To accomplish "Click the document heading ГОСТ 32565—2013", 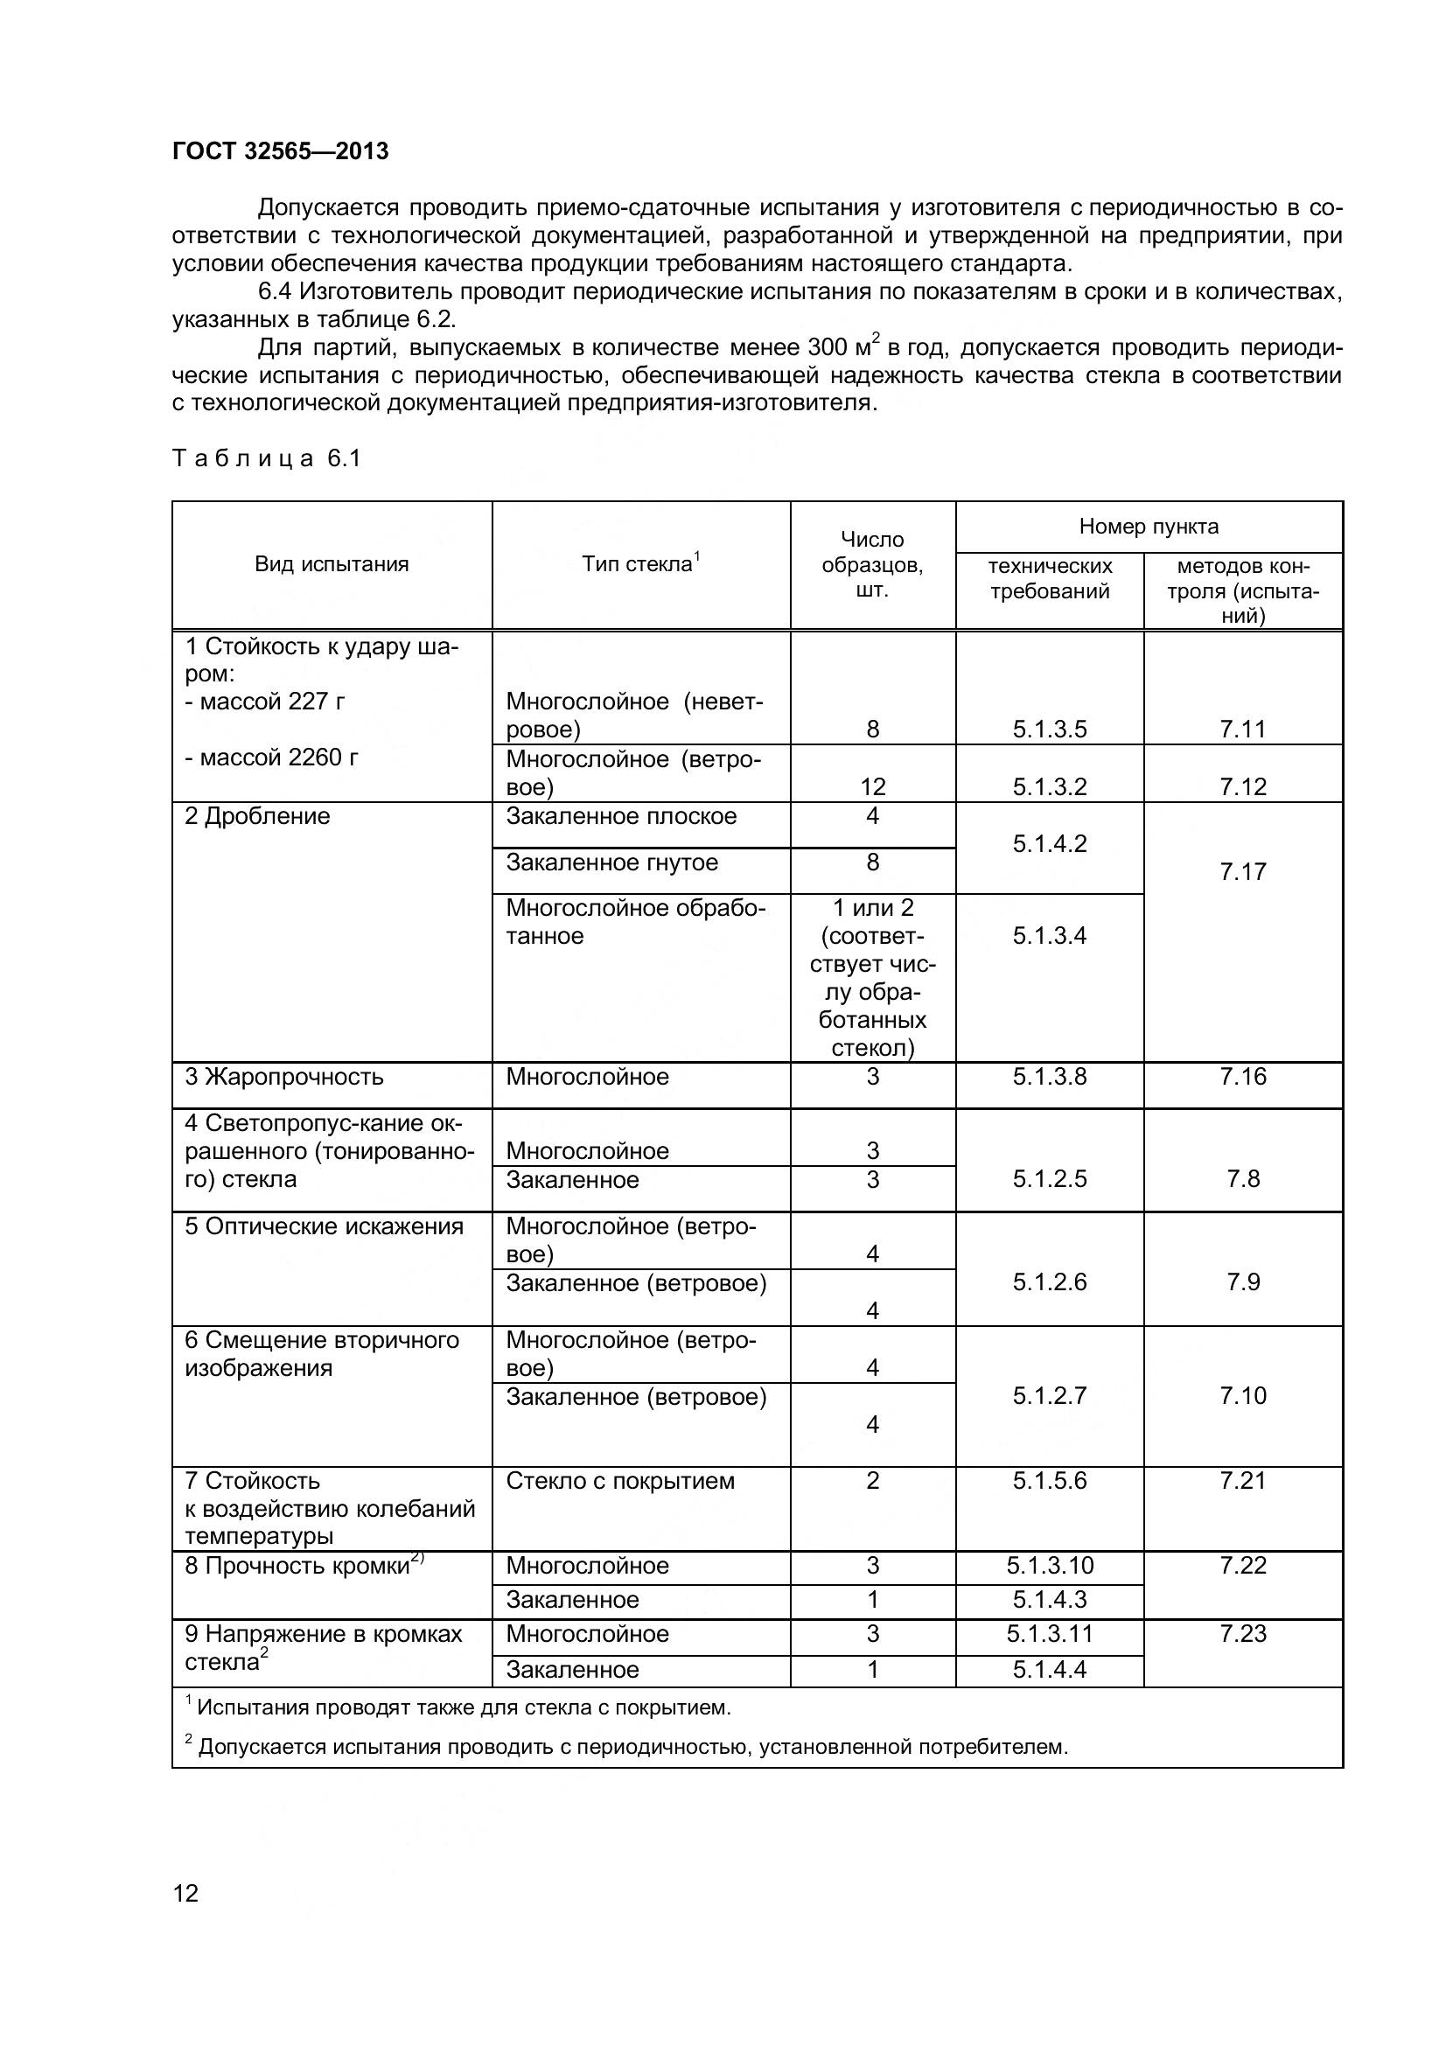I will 280,151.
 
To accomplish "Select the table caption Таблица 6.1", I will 266,458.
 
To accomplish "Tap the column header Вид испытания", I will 332,564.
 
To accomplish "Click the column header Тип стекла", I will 639,564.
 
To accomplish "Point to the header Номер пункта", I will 1148,527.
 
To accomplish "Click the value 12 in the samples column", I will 872,786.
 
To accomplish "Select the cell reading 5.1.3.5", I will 1049,729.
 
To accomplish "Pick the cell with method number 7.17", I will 1242,871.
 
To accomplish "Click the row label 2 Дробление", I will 257,816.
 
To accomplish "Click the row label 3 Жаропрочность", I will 284,1077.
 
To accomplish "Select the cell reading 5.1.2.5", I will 1049,1179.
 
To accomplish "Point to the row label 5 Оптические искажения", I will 325,1226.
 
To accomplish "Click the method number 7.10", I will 1242,1395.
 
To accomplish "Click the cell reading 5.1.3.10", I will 1049,1566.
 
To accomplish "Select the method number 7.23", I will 1242,1633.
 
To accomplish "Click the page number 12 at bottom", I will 185,1893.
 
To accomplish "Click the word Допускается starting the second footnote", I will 262,1747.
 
